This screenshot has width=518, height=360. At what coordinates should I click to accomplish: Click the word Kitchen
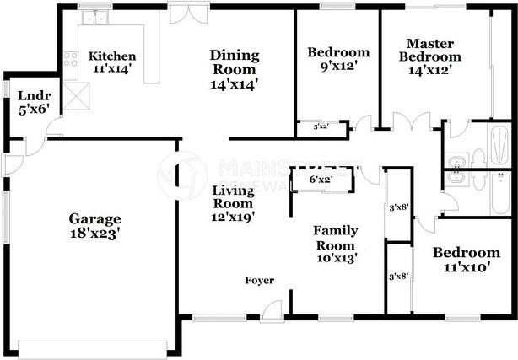(x=112, y=56)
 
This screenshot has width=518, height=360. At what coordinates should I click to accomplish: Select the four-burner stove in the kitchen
(x=71, y=59)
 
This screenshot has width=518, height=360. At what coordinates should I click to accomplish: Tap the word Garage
(x=94, y=218)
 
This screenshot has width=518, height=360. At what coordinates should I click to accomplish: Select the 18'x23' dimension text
(x=94, y=234)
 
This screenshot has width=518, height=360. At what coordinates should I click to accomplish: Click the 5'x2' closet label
(x=321, y=126)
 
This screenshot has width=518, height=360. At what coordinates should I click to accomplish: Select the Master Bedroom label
(x=434, y=51)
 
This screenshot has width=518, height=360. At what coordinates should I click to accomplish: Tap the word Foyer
(x=259, y=281)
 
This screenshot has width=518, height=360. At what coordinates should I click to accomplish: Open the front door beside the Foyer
(x=272, y=314)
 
